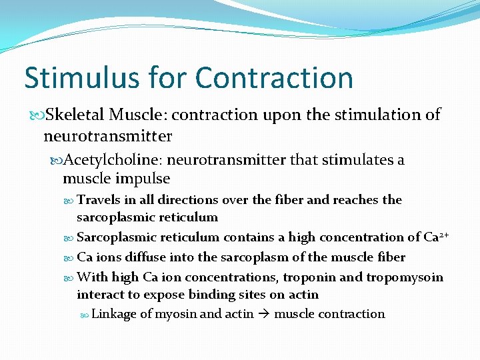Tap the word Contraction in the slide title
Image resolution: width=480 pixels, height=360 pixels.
pos(275,78)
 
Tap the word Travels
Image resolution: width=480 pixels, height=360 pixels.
pos(99,200)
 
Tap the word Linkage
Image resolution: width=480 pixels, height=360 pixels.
pos(114,314)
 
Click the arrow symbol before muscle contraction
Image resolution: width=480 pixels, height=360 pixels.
pos(264,314)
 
